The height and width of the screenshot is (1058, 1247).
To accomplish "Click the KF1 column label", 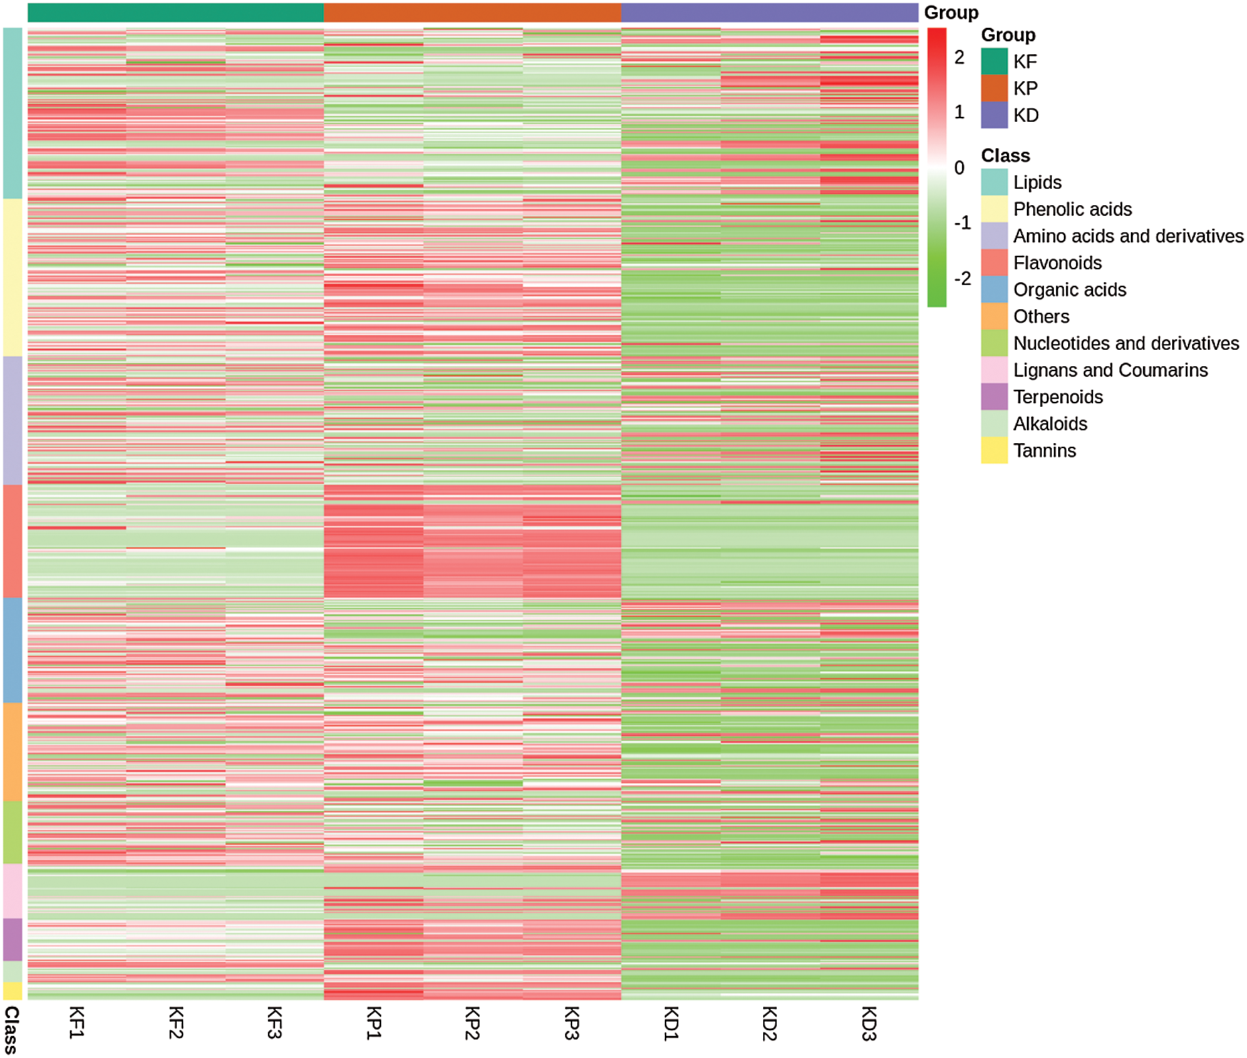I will coord(77,1022).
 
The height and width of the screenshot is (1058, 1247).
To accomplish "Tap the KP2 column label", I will coord(472,1022).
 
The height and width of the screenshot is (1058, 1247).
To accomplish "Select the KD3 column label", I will coord(868,1024).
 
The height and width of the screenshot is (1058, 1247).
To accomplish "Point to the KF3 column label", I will coord(275,1022).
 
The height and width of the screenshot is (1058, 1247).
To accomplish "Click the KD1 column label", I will coord(671,1024).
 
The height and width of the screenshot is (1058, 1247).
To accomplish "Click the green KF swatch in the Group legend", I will coord(994,61).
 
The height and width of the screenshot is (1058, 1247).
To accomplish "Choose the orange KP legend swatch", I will coord(994,88).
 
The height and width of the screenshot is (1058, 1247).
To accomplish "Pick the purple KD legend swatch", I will coord(994,115).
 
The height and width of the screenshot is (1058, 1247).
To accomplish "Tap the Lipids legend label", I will coord(1037,182).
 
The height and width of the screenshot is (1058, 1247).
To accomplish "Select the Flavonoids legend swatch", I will coord(994,263).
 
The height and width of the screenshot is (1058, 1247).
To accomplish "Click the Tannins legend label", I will coord(1044,451).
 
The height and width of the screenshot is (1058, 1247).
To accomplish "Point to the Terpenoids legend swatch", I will coord(994,397).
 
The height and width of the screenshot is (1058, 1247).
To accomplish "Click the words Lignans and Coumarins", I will coord(1110,370).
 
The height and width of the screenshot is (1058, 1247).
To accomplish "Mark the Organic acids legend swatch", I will coord(994,290).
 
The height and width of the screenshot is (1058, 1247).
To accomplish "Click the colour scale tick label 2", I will coord(959,58).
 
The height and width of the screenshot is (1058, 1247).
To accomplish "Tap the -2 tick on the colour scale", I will coord(962,279).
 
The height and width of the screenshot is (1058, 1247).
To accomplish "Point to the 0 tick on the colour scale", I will coord(959,168).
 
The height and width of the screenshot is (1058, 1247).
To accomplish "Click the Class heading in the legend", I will coord(1005,156).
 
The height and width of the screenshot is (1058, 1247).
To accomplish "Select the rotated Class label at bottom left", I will coord(11,1030).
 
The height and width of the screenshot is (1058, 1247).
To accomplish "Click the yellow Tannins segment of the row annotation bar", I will coord(13,991).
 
